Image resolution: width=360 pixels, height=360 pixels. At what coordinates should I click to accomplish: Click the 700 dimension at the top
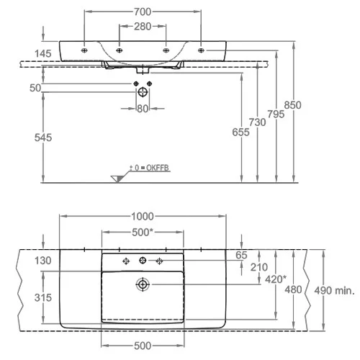[143, 12]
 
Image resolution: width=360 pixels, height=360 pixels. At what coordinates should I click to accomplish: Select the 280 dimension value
[143, 27]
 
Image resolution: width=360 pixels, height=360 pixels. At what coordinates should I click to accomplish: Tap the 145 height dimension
[43, 53]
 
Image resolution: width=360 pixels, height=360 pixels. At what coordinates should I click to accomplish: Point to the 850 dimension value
[292, 105]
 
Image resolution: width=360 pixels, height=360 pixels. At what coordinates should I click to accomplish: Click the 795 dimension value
[276, 114]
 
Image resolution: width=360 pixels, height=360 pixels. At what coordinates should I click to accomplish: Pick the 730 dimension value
[257, 122]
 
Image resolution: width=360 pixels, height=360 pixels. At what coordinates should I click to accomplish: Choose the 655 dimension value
[240, 132]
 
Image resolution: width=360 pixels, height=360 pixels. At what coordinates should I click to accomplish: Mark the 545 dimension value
[43, 138]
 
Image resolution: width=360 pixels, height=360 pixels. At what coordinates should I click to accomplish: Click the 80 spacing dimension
[143, 109]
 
